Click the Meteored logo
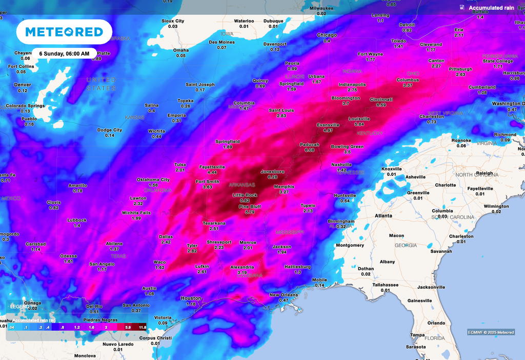(x=64, y=32)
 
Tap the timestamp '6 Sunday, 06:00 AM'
(x=65, y=53)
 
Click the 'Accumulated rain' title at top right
(x=491, y=8)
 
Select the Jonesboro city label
(x=272, y=172)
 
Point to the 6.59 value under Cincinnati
(x=381, y=105)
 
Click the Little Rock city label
(x=245, y=195)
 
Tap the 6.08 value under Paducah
(x=309, y=150)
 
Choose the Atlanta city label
(x=383, y=215)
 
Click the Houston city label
(x=191, y=298)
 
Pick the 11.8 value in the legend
(x=143, y=327)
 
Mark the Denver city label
(x=23, y=85)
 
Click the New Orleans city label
(x=284, y=295)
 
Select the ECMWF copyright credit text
(x=491, y=332)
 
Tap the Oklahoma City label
(x=153, y=179)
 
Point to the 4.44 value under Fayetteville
(x=212, y=172)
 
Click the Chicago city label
(x=327, y=35)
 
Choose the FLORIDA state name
(x=434, y=338)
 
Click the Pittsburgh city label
(x=460, y=69)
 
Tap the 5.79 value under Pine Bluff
(x=250, y=212)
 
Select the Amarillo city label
(x=78, y=185)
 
